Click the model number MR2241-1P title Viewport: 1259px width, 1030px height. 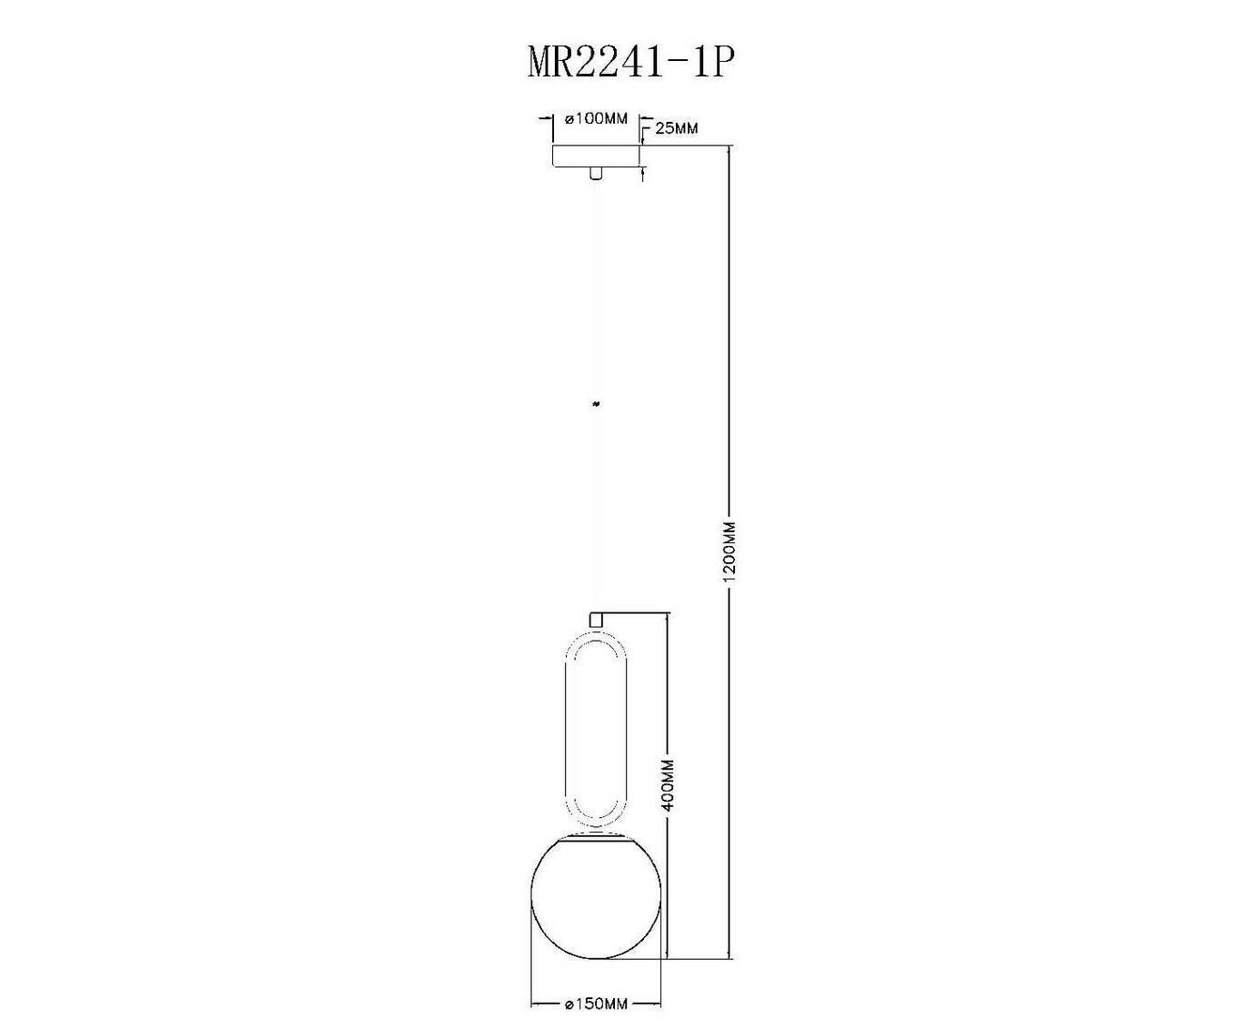629,63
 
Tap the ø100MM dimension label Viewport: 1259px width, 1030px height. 596,118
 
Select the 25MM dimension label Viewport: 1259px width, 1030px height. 677,128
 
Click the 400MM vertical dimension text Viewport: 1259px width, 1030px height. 668,784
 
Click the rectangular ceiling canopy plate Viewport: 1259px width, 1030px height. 596,156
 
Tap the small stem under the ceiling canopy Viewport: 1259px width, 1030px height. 595,173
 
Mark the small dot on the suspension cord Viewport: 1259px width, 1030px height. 595,404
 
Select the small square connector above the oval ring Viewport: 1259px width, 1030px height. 595,620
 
